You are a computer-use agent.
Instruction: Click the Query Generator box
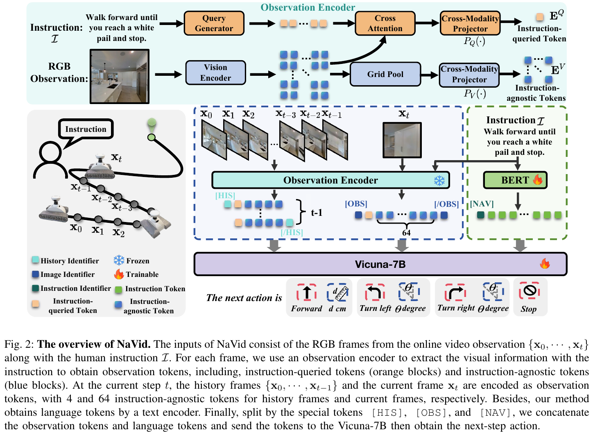point(214,23)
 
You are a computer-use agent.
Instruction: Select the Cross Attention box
point(385,23)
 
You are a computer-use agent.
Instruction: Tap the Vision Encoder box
point(215,72)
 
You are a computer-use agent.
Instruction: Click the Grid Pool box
point(385,74)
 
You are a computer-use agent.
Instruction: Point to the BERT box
point(515,180)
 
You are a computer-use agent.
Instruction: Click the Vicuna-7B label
point(380,264)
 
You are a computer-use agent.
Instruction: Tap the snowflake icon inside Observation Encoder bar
point(439,180)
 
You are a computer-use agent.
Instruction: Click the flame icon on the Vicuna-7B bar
point(545,263)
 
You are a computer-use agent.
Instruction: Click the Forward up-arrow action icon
point(307,292)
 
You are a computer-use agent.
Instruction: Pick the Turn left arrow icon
point(375,292)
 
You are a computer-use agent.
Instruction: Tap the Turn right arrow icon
point(455,292)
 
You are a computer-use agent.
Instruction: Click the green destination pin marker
point(152,125)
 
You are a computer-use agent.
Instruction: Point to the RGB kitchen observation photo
point(120,76)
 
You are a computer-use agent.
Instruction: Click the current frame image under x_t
point(402,140)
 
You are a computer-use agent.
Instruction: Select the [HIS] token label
point(225,195)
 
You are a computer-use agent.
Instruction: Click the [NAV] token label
point(482,204)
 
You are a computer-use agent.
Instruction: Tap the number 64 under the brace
point(406,233)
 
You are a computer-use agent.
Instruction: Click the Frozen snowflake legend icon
point(119,260)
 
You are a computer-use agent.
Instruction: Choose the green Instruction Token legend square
point(119,289)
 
